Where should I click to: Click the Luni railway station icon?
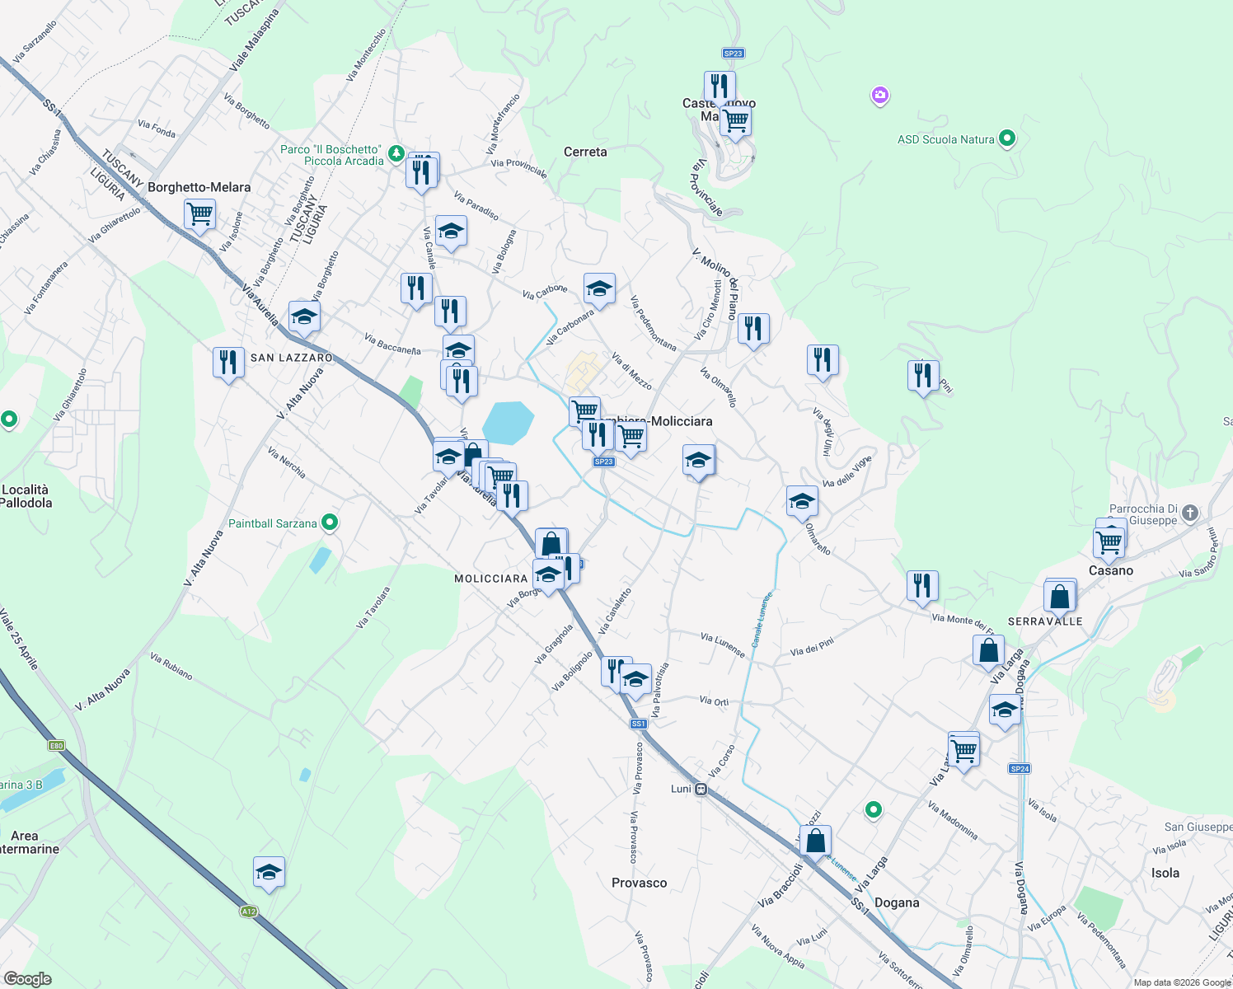[x=701, y=789]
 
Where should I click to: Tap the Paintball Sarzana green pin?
[x=330, y=522]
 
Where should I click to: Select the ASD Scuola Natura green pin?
[x=1006, y=138]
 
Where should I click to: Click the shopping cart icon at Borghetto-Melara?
[x=199, y=214]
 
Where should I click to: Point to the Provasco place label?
[x=639, y=883]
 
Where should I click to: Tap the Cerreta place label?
[x=585, y=152]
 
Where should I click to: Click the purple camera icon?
[x=880, y=96]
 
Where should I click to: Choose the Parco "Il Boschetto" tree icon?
[x=396, y=152]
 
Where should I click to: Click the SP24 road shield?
[x=1020, y=768]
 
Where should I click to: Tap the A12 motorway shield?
[x=249, y=911]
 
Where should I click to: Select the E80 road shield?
[x=56, y=746]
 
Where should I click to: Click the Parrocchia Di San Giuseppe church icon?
[x=1189, y=513]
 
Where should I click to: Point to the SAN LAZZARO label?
[x=291, y=358]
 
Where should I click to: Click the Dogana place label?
[x=896, y=902]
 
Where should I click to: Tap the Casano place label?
[x=1111, y=570]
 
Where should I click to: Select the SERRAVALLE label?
[x=1045, y=621]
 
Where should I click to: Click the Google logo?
[x=27, y=978]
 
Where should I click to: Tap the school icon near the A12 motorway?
[x=269, y=872]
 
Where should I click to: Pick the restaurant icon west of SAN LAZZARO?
[x=228, y=362]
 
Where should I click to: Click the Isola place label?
[x=1165, y=873]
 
